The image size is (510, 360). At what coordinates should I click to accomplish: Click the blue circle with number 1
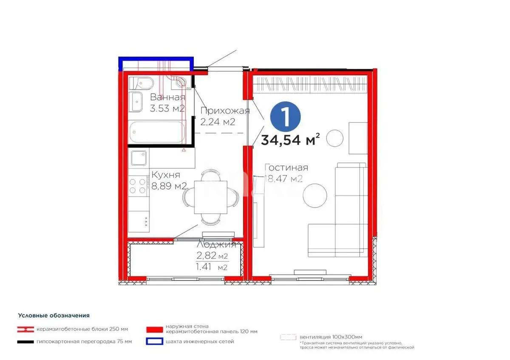(285, 116)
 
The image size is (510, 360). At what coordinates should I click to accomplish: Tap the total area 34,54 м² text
(290, 140)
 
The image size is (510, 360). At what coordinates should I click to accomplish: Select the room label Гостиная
(286, 167)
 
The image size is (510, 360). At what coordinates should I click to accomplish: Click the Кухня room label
(166, 175)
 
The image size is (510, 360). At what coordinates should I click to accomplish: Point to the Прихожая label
(225, 111)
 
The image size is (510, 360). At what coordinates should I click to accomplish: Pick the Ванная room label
(167, 97)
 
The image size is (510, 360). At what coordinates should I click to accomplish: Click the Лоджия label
(216, 245)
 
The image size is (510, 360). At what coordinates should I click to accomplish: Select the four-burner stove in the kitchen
(138, 186)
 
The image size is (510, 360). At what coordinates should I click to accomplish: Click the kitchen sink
(138, 159)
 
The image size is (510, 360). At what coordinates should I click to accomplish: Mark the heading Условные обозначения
(54, 315)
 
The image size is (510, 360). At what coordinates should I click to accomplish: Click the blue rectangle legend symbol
(154, 341)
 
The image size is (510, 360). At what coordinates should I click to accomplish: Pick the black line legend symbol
(25, 341)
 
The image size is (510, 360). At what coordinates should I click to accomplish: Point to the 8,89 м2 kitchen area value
(170, 186)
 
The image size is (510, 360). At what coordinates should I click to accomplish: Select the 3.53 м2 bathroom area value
(167, 108)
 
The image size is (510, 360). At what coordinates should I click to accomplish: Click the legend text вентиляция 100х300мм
(331, 337)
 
